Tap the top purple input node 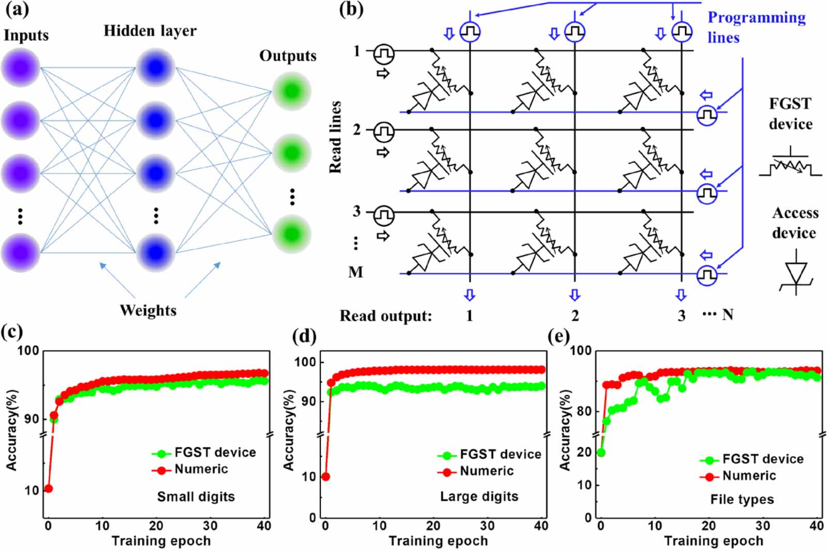pyautogui.click(x=21, y=68)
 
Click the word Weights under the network pyautogui.click(x=148, y=310)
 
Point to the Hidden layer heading pyautogui.click(x=150, y=31)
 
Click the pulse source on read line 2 pyautogui.click(x=384, y=132)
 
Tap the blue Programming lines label pyautogui.click(x=756, y=27)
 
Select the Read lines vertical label pyautogui.click(x=336, y=137)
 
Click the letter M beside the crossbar pyautogui.click(x=356, y=272)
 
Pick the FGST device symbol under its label pyautogui.click(x=791, y=165)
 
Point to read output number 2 pyautogui.click(x=575, y=315)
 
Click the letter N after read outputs pyautogui.click(x=728, y=314)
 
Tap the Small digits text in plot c pyautogui.click(x=196, y=497)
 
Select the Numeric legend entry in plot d pyautogui.click(x=486, y=471)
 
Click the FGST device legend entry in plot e pyautogui.click(x=762, y=459)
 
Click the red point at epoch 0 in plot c pyautogui.click(x=48, y=488)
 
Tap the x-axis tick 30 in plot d pyautogui.click(x=487, y=526)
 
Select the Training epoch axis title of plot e pyautogui.click(x=713, y=541)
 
